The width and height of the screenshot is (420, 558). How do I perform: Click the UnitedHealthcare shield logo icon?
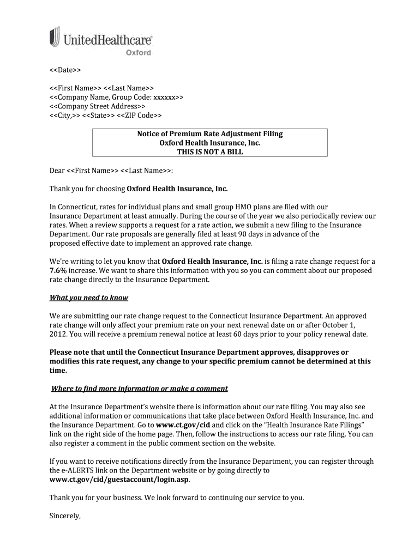pos(55,37)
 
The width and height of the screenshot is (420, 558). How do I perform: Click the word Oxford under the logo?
pos(139,53)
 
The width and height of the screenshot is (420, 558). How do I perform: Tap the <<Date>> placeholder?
pos(65,71)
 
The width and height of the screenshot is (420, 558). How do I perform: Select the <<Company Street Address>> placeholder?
pos(98,106)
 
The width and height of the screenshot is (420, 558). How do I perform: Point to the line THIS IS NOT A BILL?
pos(210,152)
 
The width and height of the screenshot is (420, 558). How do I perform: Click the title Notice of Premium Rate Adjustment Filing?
pos(210,134)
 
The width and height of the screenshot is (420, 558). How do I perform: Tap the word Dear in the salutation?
pos(57,171)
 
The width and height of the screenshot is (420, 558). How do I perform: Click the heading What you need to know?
pos(89,298)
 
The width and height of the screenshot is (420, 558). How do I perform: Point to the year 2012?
pos(58,334)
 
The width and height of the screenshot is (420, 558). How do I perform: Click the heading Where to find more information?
pos(139,389)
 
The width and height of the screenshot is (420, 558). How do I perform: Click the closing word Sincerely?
pos(65,515)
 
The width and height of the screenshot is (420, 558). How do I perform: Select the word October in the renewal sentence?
pos(346,325)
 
